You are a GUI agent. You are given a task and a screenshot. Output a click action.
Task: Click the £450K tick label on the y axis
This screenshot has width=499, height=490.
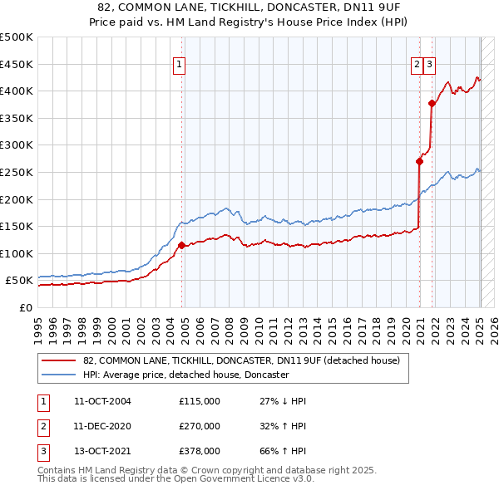coord(17,64)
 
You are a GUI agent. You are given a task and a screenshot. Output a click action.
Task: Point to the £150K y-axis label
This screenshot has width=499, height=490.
coord(17,226)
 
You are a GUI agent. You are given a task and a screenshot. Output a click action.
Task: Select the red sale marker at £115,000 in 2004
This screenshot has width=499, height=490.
coord(181,245)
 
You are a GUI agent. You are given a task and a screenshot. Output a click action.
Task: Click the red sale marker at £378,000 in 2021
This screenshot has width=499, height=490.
coord(432,103)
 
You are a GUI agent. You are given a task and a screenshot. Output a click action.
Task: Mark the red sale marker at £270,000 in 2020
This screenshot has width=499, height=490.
coord(420,162)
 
